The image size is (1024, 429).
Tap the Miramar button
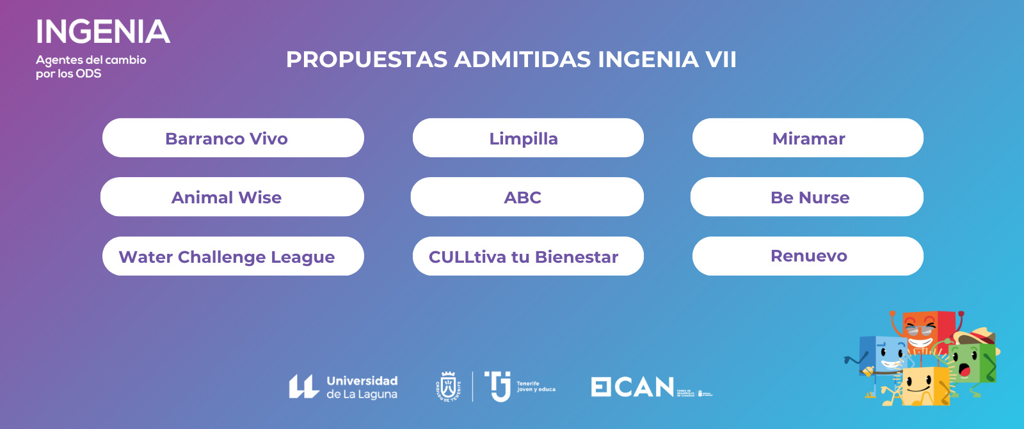coord(808,138)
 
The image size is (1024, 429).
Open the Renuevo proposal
coord(808,256)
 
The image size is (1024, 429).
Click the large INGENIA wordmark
coord(103,32)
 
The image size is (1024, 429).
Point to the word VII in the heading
coord(720,59)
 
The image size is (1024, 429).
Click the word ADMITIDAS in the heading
coord(522,59)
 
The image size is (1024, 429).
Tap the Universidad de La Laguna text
coord(362,387)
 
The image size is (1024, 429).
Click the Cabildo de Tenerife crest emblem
coord(448,386)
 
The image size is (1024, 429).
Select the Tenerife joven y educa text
coord(536,386)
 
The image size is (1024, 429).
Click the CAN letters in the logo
coord(644,387)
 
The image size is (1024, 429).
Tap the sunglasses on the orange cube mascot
coord(920,330)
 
